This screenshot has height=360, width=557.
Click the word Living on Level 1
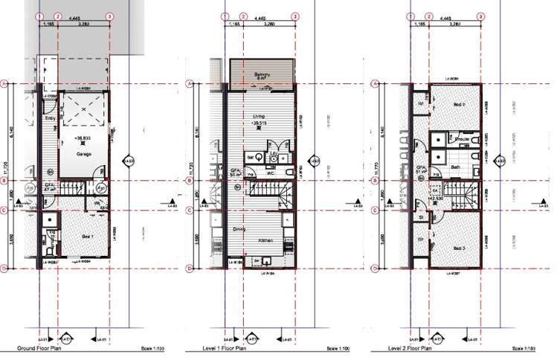(x=259, y=116)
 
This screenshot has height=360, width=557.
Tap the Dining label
(x=239, y=229)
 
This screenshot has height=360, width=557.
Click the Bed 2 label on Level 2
(x=459, y=104)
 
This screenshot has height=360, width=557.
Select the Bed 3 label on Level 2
(x=458, y=248)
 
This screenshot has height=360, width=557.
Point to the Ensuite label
(x=461, y=138)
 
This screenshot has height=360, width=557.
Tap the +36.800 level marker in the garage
(x=83, y=138)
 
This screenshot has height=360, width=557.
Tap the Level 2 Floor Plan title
(x=410, y=348)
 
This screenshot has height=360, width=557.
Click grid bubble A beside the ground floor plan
(x=4, y=84)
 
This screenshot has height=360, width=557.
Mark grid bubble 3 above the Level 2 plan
(x=481, y=16)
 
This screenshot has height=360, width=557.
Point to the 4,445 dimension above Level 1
(x=260, y=16)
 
